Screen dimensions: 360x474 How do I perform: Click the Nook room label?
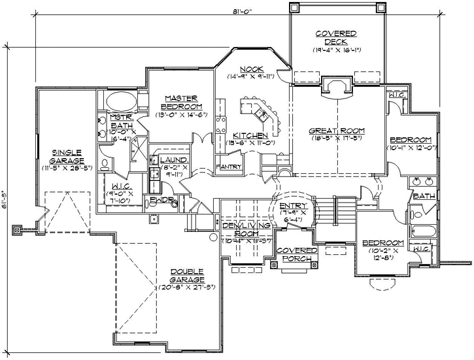tap(251, 69)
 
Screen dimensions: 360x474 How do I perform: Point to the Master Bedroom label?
tap(181, 102)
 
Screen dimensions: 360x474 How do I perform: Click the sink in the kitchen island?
tap(261, 114)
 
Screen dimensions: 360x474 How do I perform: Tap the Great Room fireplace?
tap(338, 88)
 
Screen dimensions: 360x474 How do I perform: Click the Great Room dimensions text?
tap(337, 139)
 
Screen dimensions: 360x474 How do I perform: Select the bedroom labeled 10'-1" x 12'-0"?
tap(410, 140)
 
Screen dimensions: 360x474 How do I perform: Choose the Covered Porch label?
tap(296, 254)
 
